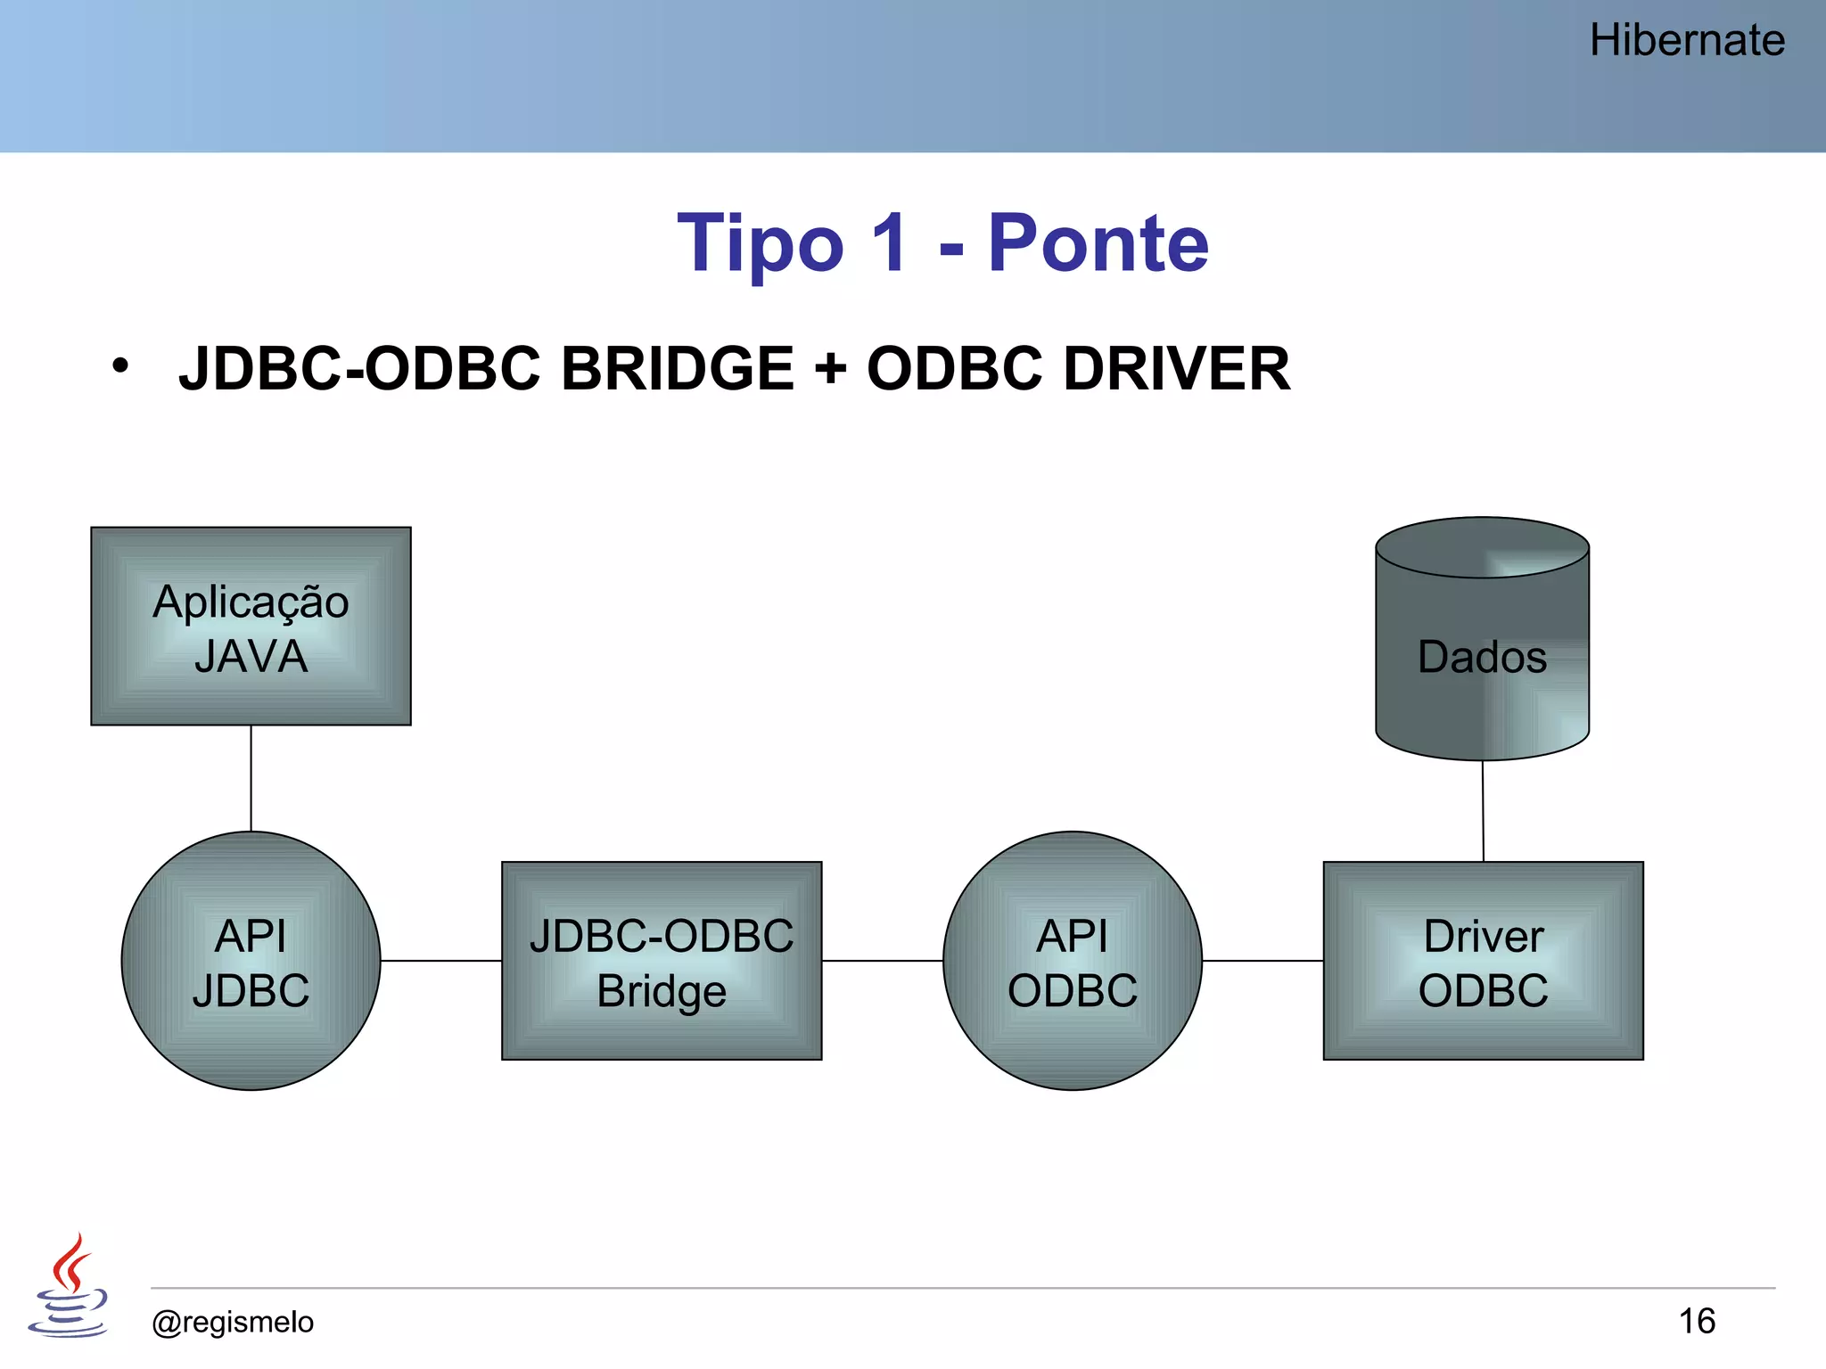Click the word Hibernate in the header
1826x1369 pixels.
click(1686, 41)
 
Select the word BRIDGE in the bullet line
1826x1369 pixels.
click(677, 368)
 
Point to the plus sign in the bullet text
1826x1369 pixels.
click(830, 369)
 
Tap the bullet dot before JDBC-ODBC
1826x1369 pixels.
click(120, 365)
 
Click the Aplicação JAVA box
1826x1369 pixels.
click(251, 627)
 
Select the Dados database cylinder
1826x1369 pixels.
click(1482, 640)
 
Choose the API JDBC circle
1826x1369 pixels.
click(251, 961)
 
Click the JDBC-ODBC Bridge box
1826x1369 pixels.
click(662, 961)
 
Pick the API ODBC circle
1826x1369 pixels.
click(1073, 961)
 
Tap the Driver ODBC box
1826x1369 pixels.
click(1483, 961)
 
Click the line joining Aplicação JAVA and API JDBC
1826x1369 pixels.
click(251, 777)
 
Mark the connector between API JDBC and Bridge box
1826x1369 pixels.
click(440, 961)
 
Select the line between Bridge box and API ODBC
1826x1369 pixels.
click(882, 961)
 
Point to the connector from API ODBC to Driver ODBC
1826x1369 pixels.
click(1263, 961)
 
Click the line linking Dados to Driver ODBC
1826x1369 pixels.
click(1483, 811)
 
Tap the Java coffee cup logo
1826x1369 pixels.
click(69, 1285)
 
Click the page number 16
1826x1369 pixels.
click(1697, 1321)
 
